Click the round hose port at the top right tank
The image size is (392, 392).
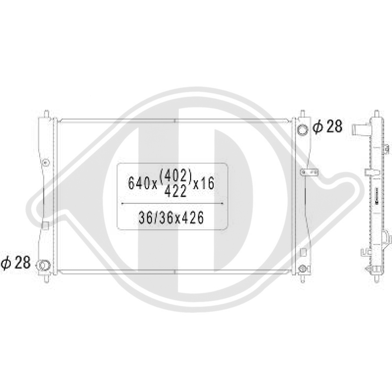pyautogui.click(x=302, y=130)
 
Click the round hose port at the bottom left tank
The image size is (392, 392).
pyautogui.click(x=44, y=265)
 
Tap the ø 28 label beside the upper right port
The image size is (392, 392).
pyautogui.click(x=328, y=127)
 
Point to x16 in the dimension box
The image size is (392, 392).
pyautogui.click(x=203, y=183)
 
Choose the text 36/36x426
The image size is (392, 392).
pyautogui.click(x=171, y=218)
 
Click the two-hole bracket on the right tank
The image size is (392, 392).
pyautogui.click(x=309, y=172)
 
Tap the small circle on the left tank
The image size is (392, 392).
pyautogui.click(x=45, y=162)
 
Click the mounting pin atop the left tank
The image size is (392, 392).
pyautogui.click(x=47, y=113)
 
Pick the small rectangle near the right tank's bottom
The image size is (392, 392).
pyautogui.click(x=302, y=251)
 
